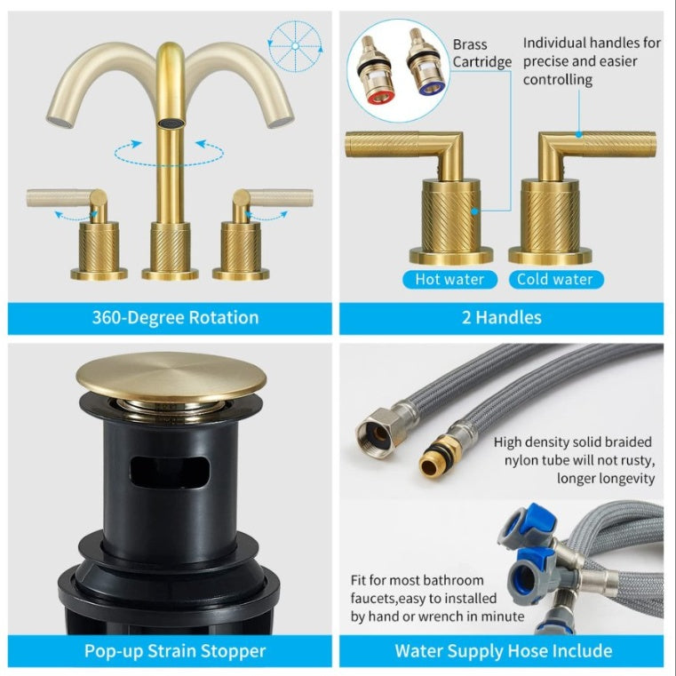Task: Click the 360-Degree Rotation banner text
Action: coord(175,318)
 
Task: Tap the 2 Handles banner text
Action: coord(501,318)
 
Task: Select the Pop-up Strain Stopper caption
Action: coord(174,651)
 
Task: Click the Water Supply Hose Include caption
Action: coord(503,651)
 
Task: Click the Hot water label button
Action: coord(449,279)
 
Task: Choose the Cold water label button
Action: coord(555,279)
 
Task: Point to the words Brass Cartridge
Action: coord(481,53)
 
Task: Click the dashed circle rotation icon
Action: coord(294,41)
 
